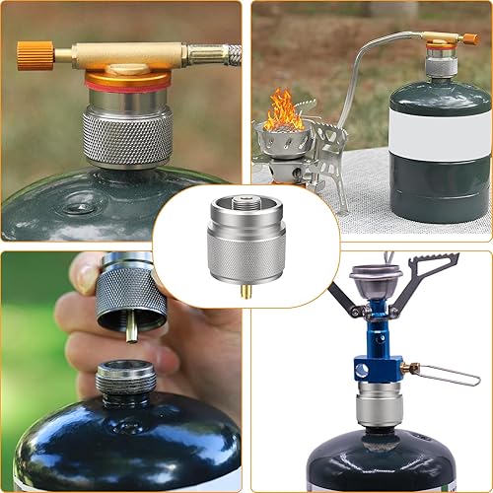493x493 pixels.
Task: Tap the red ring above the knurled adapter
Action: tap(125, 87)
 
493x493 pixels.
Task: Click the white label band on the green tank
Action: tap(441, 128)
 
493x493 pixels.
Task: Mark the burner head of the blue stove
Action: tap(375, 281)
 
